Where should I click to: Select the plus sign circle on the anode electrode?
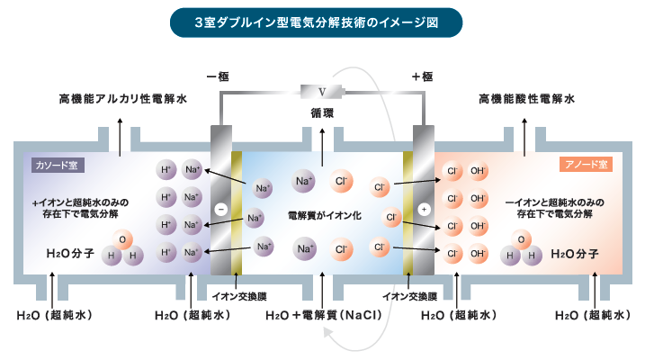point(423,209)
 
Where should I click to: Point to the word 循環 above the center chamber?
point(322,114)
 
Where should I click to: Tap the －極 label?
point(219,77)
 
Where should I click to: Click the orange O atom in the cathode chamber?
point(123,239)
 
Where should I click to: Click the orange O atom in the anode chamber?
point(520,239)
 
